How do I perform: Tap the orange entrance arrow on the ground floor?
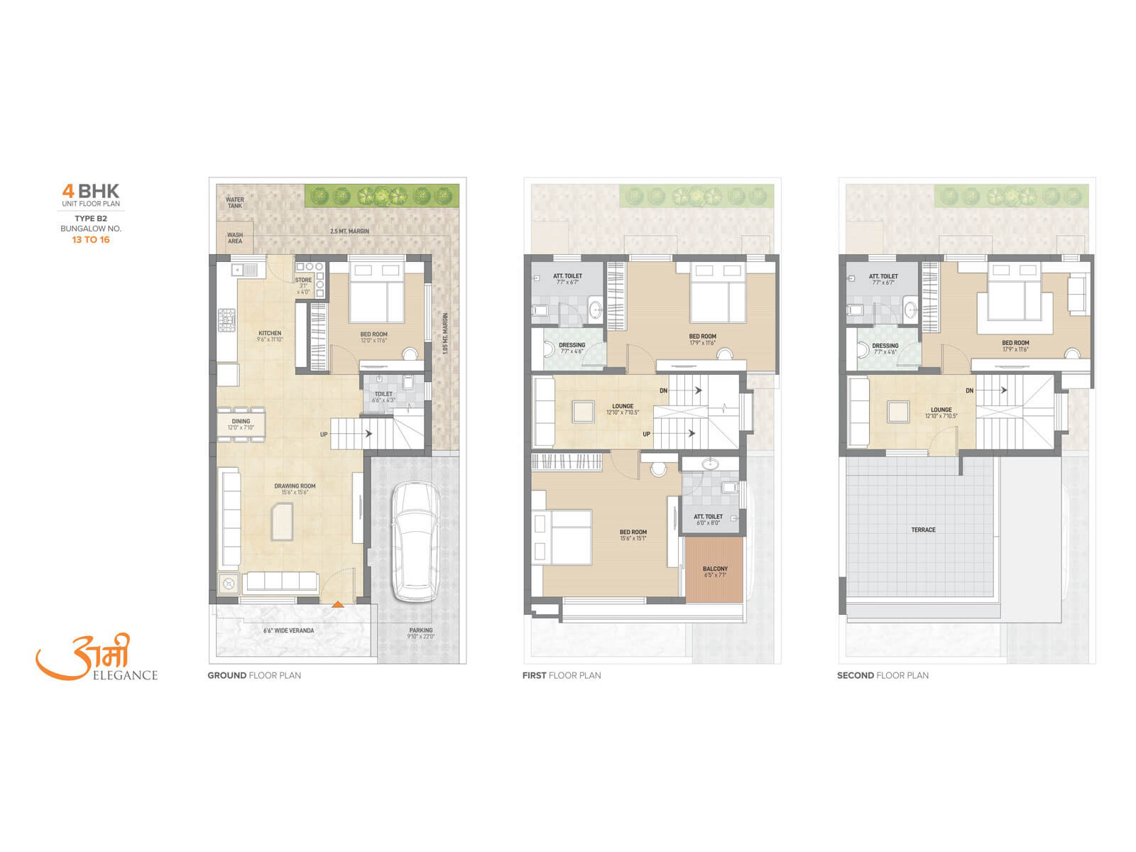(339, 604)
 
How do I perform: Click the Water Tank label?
(234, 202)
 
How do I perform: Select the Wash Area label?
(234, 238)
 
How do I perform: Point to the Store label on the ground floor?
(303, 280)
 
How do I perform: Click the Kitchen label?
(270, 333)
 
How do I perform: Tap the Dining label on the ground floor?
(241, 422)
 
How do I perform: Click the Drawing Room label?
(295, 486)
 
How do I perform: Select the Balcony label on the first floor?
(715, 569)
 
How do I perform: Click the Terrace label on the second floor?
(923, 530)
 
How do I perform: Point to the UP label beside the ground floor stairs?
(324, 435)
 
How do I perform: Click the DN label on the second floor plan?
(969, 391)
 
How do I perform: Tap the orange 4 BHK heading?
(91, 191)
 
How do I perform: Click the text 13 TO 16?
(91, 240)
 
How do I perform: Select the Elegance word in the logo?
(125, 675)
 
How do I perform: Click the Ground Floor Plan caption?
(254, 675)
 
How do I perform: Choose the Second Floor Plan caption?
(883, 675)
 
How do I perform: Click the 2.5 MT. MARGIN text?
(349, 231)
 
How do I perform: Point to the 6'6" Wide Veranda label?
(288, 630)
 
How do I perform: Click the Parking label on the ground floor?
(421, 630)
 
